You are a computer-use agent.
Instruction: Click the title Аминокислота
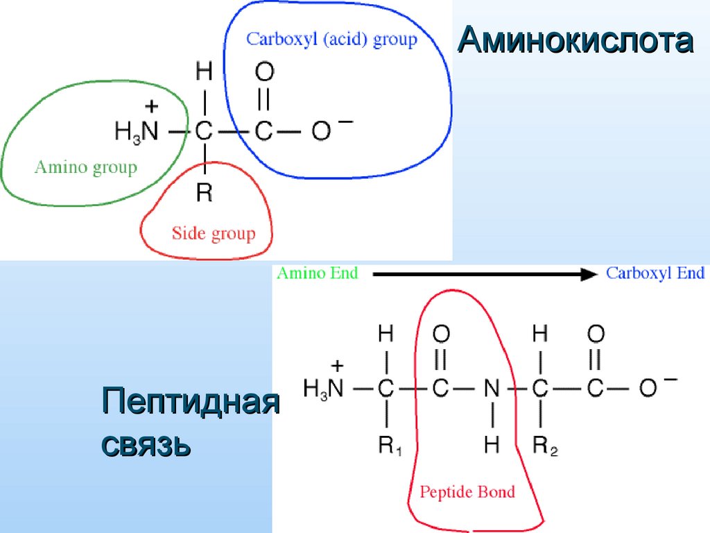coord(575,42)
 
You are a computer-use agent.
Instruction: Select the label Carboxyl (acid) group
coord(331,39)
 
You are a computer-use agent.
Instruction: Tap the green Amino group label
coord(86,167)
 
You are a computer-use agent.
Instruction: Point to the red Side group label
coord(214,233)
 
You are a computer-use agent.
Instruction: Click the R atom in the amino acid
coord(204,192)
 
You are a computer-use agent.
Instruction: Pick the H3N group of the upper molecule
coord(137,131)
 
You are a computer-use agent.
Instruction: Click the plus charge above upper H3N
coord(152,106)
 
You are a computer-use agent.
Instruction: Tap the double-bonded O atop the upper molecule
coord(264,71)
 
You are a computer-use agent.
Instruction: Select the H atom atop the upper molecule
coord(204,71)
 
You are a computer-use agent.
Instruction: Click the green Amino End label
coord(318,273)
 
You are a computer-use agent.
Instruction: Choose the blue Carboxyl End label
coord(655,273)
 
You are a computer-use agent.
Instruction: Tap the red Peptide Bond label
coord(467,492)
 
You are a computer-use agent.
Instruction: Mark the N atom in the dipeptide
coord(492,389)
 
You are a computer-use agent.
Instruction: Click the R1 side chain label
coord(389,446)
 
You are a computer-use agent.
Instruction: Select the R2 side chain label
coord(544,446)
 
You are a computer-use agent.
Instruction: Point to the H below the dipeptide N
coord(492,445)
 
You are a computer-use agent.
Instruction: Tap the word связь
coord(146,444)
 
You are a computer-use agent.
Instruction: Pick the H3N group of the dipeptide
coord(324,389)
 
